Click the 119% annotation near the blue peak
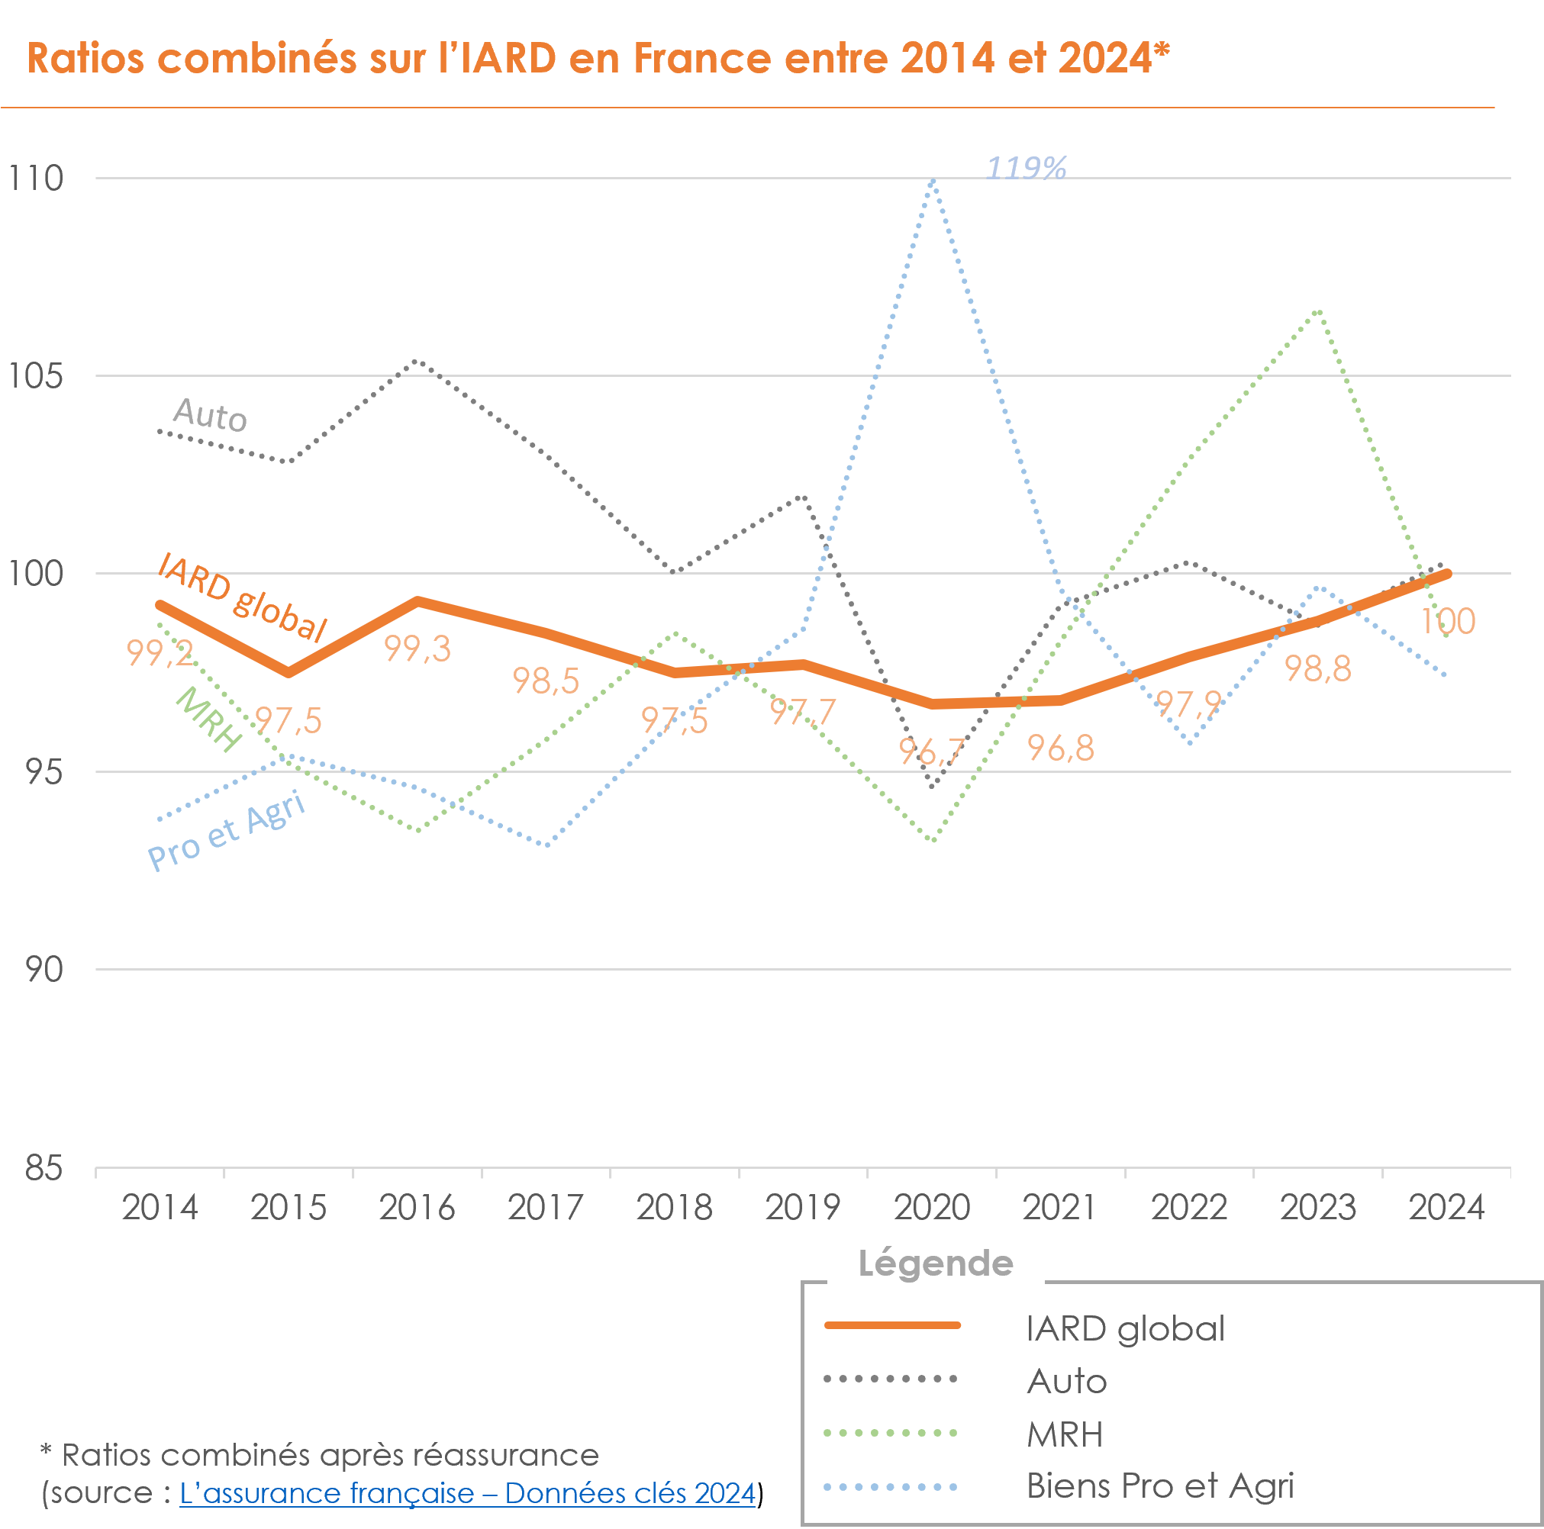(x=1026, y=168)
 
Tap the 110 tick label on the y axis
(x=35, y=178)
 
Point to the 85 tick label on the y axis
(x=44, y=1168)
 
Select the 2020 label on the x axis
(x=932, y=1207)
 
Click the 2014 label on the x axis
(x=160, y=1207)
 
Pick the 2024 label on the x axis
(x=1446, y=1207)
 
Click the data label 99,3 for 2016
(x=417, y=649)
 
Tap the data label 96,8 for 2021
(x=1061, y=748)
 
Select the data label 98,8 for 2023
(x=1318, y=668)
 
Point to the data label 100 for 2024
(x=1447, y=622)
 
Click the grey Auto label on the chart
(x=210, y=414)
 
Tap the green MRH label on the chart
(x=208, y=719)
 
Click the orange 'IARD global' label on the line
(x=242, y=597)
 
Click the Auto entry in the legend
(x=1067, y=1381)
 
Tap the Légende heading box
(x=935, y=1263)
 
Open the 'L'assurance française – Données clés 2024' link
(x=468, y=1492)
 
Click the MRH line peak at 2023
(x=1320, y=311)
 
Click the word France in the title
(x=701, y=58)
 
